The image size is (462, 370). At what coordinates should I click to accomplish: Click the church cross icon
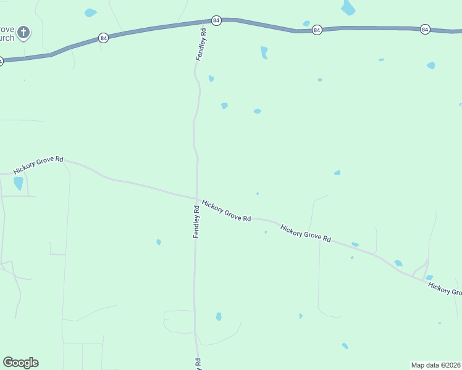(23, 32)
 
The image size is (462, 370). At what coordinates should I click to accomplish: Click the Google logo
(20, 363)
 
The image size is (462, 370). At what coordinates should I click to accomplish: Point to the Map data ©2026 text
(435, 365)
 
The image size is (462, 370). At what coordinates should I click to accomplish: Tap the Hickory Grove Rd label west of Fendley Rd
(38, 165)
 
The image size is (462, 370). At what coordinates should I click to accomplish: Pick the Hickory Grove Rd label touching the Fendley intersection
(226, 210)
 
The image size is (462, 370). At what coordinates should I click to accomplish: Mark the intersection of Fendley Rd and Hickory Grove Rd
(196, 199)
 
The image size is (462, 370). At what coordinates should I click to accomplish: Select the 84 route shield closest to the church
(104, 38)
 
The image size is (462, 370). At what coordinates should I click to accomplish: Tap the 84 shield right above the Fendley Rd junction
(216, 20)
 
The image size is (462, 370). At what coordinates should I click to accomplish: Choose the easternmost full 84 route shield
(425, 29)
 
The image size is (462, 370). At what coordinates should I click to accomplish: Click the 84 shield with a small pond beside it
(317, 30)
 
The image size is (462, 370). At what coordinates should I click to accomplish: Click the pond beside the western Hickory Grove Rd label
(19, 183)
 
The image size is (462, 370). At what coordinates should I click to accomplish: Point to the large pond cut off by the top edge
(348, 7)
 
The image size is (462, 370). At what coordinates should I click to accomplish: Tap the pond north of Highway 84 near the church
(90, 12)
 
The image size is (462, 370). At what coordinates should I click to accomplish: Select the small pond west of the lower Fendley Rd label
(159, 242)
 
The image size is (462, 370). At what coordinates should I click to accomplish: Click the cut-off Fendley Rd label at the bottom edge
(198, 364)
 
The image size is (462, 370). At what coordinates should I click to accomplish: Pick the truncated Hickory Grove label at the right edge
(445, 289)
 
